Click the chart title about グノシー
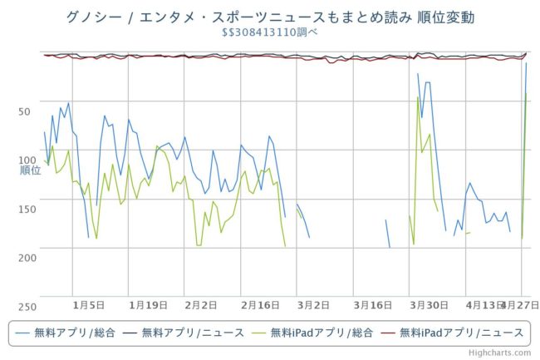pyautogui.click(x=270, y=17)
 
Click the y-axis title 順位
pyautogui.click(x=30, y=170)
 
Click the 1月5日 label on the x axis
pyautogui.click(x=88, y=305)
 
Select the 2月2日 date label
pyautogui.click(x=201, y=305)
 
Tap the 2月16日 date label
pyautogui.click(x=261, y=305)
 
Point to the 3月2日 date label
pyautogui.click(x=313, y=305)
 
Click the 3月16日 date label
pyautogui.click(x=372, y=305)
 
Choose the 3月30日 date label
pyautogui.click(x=429, y=305)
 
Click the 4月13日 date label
pyautogui.click(x=484, y=305)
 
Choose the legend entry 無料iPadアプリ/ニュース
pyautogui.click(x=461, y=333)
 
